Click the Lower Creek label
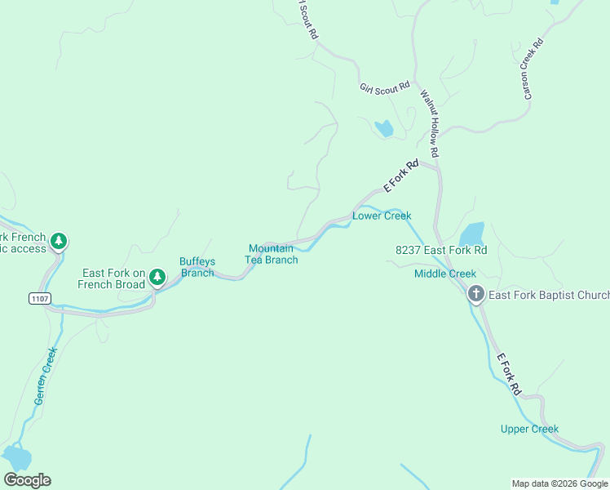(x=381, y=216)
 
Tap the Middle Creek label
(x=444, y=274)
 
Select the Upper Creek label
(x=529, y=429)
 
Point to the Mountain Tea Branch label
(x=272, y=254)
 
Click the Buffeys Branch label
(x=197, y=267)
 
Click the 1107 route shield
(x=39, y=299)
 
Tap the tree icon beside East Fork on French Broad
(x=157, y=279)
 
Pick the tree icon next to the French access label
(x=58, y=242)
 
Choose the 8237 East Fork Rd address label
(x=440, y=250)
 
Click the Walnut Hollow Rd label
(x=430, y=122)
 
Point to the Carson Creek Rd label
(x=533, y=69)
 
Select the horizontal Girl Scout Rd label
(x=384, y=87)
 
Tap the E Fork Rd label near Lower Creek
(x=400, y=176)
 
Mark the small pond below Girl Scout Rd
(x=383, y=128)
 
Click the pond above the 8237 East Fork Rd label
(x=471, y=234)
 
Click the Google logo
(x=28, y=480)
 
